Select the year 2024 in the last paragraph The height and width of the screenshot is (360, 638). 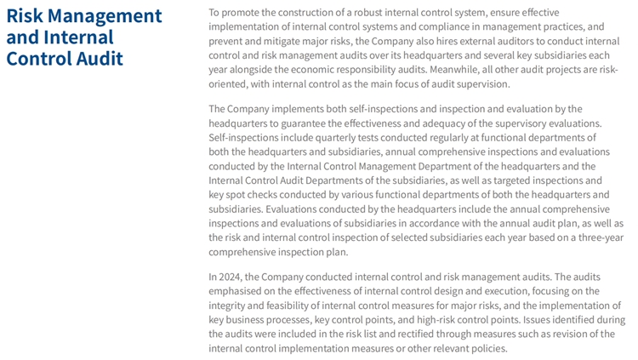point(233,277)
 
